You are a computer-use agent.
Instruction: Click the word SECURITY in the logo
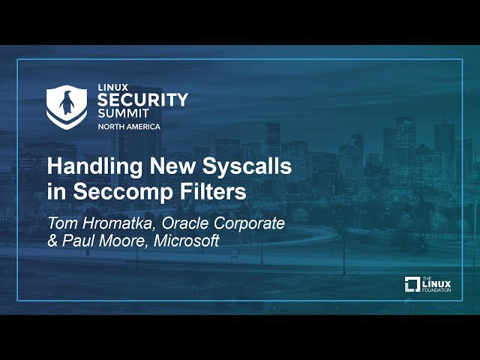click(142, 99)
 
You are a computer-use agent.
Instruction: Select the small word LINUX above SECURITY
click(109, 87)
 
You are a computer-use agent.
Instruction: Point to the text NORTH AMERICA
click(128, 127)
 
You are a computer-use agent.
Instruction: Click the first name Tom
click(61, 223)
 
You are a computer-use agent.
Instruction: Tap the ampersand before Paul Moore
click(53, 241)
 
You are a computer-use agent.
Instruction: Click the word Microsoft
click(188, 241)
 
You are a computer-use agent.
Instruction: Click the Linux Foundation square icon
click(412, 284)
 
